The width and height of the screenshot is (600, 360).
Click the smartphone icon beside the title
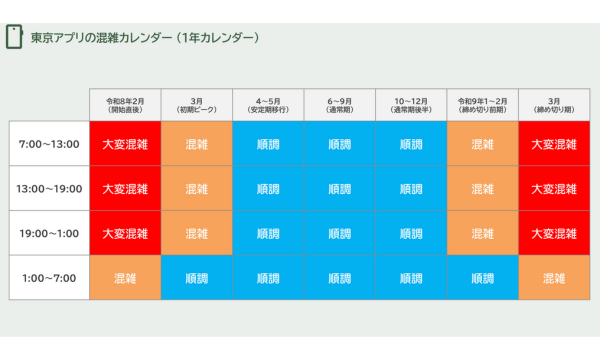pyautogui.click(x=15, y=38)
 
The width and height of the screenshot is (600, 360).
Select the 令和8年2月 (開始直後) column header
pyautogui.click(x=125, y=105)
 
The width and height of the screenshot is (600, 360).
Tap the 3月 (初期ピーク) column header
pyautogui.click(x=196, y=105)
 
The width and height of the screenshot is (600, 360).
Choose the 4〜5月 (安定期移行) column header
pyautogui.click(x=268, y=105)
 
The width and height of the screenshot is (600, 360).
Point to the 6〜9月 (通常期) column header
pyautogui.click(x=339, y=105)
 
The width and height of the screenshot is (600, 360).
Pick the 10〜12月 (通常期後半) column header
pyautogui.click(x=411, y=105)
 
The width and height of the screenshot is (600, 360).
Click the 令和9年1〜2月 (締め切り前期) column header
pyautogui.click(x=482, y=105)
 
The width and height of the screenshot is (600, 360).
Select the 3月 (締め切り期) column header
pyautogui.click(x=554, y=105)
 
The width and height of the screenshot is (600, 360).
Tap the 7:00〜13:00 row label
pyautogui.click(x=48, y=144)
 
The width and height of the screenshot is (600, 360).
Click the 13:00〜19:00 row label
pyautogui.click(x=48, y=189)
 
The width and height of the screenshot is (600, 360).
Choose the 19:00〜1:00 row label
pyautogui.click(x=48, y=233)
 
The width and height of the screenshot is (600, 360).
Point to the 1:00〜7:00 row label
pyautogui.click(x=48, y=278)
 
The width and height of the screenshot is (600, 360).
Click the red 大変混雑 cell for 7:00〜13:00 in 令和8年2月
pyautogui.click(x=125, y=144)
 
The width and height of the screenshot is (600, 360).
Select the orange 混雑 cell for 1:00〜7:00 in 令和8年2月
pyautogui.click(x=125, y=278)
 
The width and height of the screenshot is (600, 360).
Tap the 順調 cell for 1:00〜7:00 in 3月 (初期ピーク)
pyautogui.click(x=196, y=278)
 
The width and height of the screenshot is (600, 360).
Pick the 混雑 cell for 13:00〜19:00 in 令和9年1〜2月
pyautogui.click(x=482, y=189)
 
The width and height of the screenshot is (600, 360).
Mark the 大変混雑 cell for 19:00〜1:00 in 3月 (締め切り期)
pyautogui.click(x=554, y=233)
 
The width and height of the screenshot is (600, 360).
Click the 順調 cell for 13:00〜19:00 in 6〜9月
pyautogui.click(x=339, y=189)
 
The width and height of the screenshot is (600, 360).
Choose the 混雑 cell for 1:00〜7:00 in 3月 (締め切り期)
pyautogui.click(x=554, y=278)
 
